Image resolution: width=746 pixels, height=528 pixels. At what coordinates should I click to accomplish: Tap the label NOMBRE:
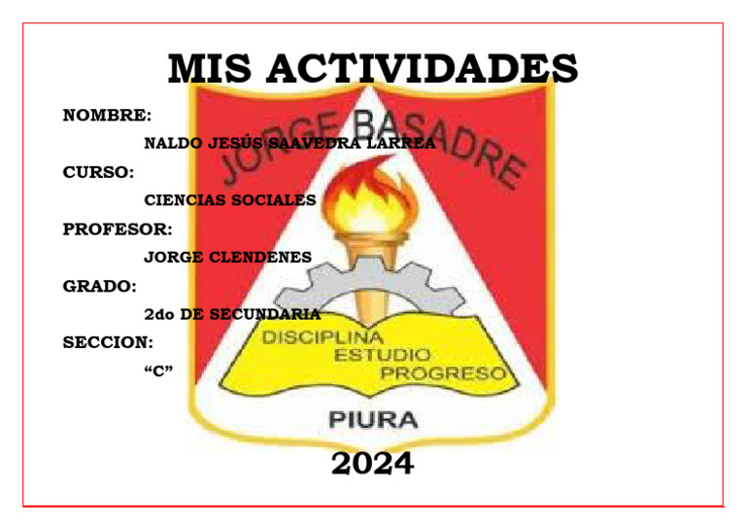[x=107, y=116]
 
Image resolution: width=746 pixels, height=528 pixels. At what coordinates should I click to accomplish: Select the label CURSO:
[x=98, y=173]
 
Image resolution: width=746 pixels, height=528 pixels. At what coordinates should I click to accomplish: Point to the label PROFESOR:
[x=118, y=229]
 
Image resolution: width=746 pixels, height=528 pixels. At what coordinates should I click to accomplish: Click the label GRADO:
[x=99, y=287]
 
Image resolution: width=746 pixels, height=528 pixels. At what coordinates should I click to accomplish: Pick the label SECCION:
[x=107, y=343]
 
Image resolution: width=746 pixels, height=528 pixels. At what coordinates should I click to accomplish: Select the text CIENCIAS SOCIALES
[x=229, y=200]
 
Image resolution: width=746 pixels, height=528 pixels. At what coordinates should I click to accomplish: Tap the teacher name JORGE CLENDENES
[x=227, y=258]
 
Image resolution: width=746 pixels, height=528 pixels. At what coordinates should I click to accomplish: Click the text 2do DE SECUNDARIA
[x=231, y=314]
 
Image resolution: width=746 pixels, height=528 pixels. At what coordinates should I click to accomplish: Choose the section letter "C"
[x=158, y=370]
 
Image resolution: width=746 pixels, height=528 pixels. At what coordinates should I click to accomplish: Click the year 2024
[x=372, y=464]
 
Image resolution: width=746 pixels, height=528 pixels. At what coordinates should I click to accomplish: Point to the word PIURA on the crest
[x=374, y=421]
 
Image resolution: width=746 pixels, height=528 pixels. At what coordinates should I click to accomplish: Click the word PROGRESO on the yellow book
[x=443, y=373]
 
